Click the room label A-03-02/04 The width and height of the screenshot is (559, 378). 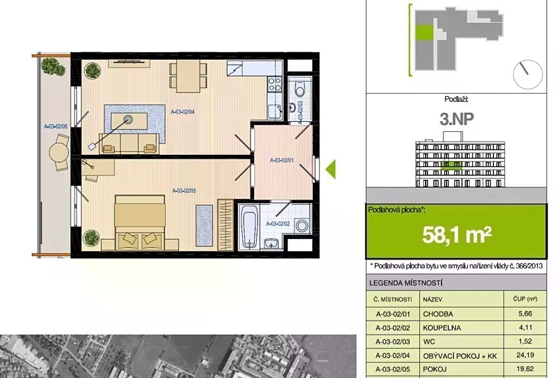click(182, 112)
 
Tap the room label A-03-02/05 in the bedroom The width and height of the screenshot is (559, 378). click(184, 191)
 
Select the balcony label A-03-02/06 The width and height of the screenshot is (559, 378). click(55, 126)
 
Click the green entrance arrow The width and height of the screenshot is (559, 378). click(330, 169)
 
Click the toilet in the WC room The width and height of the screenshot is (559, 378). click(300, 88)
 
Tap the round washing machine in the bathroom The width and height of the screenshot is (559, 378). click(303, 226)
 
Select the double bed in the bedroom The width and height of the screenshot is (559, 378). click(140, 221)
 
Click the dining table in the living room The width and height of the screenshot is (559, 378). click(188, 76)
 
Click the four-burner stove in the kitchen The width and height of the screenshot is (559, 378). click(275, 85)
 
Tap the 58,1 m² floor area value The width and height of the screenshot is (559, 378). click(456, 235)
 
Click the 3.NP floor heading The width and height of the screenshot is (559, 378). click(456, 119)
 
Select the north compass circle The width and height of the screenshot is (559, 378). click(528, 74)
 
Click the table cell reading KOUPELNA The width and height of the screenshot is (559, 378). click(442, 328)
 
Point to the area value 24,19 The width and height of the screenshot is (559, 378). click(525, 355)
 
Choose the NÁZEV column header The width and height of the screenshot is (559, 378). click(432, 300)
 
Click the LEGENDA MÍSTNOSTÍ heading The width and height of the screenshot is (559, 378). click(405, 283)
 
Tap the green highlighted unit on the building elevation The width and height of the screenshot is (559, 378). click(451, 165)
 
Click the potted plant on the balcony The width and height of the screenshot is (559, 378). click(53, 66)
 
